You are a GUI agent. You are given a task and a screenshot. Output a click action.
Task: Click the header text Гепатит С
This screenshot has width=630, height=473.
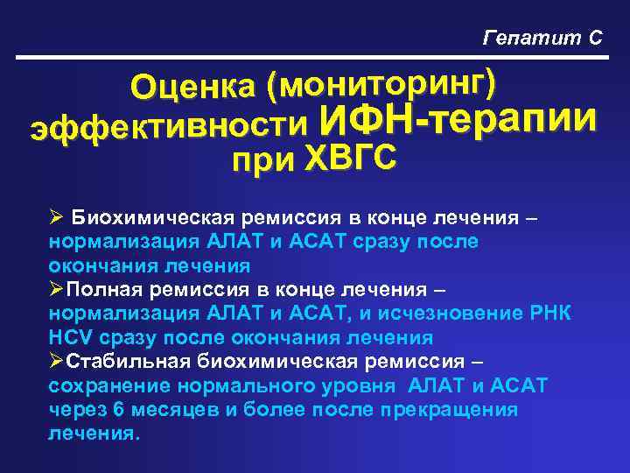point(542,37)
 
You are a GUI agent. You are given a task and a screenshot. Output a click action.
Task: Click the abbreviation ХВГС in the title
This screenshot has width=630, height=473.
point(350,160)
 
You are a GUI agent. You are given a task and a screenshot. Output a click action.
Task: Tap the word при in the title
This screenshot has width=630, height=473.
point(263,162)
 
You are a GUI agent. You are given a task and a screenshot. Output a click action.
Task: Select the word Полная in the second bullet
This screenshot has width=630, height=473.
point(104,289)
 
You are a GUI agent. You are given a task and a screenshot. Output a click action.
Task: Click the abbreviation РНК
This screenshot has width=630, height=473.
point(551,313)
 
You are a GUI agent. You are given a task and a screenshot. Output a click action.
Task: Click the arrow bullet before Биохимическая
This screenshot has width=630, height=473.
point(56,217)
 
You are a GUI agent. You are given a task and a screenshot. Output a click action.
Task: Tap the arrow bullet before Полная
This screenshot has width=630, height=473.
point(56,289)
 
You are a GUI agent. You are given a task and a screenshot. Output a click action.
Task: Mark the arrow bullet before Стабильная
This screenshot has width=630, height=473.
point(56,361)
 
